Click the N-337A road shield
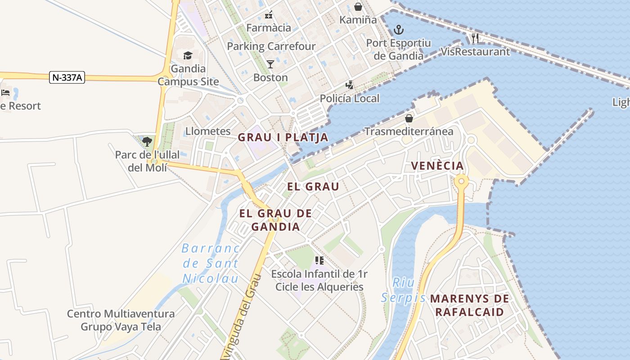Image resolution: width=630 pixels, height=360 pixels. point(67,77)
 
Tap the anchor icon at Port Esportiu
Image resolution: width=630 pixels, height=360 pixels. point(398,30)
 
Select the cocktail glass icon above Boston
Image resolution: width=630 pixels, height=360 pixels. point(270,64)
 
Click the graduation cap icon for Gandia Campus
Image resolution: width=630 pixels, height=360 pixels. point(188,55)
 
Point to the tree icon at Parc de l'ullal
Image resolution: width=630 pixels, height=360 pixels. point(147,142)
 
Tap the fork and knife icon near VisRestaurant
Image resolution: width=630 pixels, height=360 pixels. point(475,38)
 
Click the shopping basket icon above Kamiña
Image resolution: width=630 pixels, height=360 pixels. point(358,6)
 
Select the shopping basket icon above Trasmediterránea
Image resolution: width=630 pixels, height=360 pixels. point(409,118)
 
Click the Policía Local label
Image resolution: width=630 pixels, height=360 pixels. point(350,98)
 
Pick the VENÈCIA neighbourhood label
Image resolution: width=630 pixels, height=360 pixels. point(437,166)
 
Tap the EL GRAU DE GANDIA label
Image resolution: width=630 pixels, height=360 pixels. point(275,220)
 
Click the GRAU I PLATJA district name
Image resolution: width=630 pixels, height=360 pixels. point(283,137)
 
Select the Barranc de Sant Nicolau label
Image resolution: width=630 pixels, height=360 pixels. point(211,263)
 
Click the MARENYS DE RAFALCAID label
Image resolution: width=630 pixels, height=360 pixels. point(470,305)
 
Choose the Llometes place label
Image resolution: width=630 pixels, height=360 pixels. point(208,131)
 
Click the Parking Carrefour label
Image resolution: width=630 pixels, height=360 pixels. point(271,46)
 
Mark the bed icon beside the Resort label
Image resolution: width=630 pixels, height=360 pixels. point(5,93)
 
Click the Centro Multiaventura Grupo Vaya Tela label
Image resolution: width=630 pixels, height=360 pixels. point(121,320)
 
